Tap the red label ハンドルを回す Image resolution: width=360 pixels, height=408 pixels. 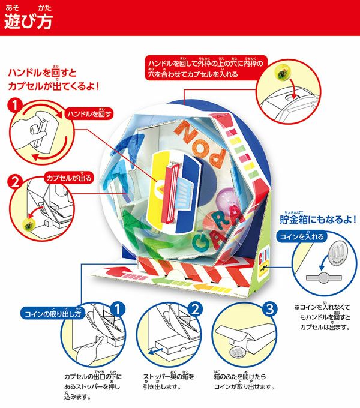[x=89, y=114]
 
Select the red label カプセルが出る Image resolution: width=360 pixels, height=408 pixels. [x=69, y=178]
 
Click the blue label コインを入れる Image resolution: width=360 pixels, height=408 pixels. [x=301, y=236]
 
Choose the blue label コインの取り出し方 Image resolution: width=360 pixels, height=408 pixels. [x=53, y=313]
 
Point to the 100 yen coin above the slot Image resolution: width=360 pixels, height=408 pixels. [x=337, y=253]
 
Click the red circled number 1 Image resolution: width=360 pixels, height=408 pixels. [x=15, y=106]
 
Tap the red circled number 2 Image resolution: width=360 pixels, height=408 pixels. [x=15, y=181]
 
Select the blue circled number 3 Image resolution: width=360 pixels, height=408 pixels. [x=270, y=309]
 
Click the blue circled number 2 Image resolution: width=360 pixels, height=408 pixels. [x=195, y=309]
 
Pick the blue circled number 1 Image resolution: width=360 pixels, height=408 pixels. [x=118, y=310]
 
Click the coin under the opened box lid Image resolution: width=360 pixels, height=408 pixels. [x=238, y=352]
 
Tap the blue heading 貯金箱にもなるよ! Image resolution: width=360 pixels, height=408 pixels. [x=318, y=220]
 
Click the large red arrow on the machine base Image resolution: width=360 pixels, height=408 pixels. [x=119, y=272]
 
